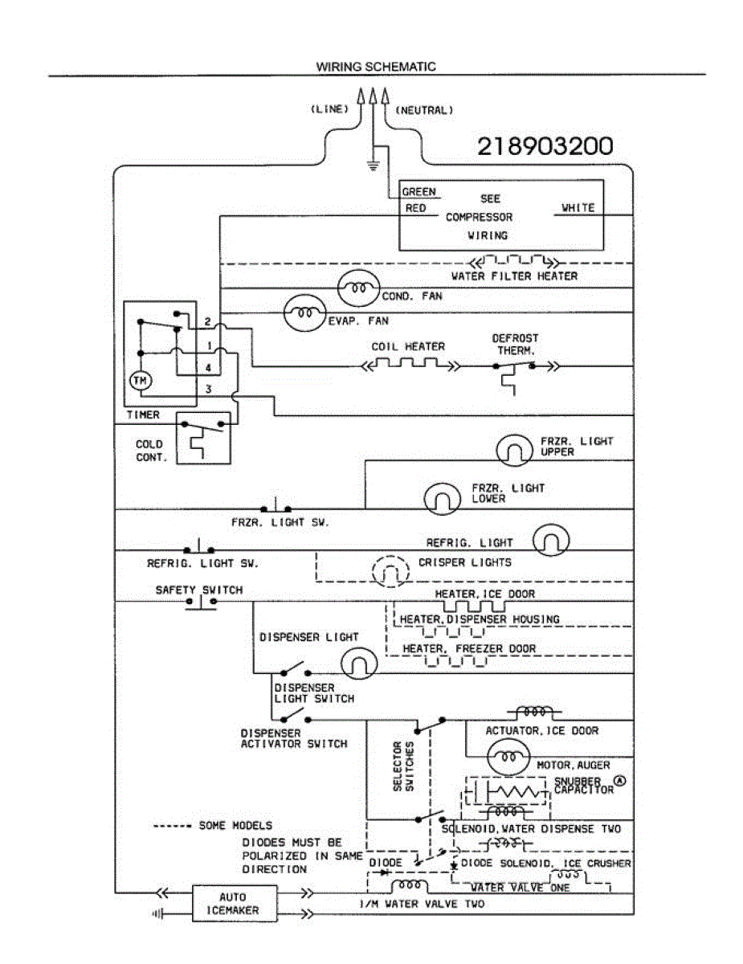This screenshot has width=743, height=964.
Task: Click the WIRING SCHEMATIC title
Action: (x=376, y=67)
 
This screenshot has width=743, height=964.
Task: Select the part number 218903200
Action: (x=545, y=146)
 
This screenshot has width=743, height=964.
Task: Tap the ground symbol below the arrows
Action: (x=372, y=165)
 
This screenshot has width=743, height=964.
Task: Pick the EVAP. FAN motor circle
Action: (x=305, y=313)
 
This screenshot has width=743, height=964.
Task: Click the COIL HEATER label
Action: (x=408, y=347)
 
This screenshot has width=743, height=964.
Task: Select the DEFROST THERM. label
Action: (x=515, y=345)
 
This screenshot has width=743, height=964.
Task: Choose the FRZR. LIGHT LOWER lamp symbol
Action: (x=442, y=498)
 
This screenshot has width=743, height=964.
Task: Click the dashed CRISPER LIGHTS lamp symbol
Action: (x=390, y=571)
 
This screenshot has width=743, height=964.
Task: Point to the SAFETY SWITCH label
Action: (x=199, y=590)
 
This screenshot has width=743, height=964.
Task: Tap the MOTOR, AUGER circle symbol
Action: (x=508, y=757)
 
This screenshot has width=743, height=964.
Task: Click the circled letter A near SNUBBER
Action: (x=619, y=780)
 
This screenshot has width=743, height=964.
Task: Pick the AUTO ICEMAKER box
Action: (x=234, y=904)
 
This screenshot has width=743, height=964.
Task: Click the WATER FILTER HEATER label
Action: (x=514, y=276)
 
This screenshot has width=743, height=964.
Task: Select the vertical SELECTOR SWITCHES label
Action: (x=403, y=767)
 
